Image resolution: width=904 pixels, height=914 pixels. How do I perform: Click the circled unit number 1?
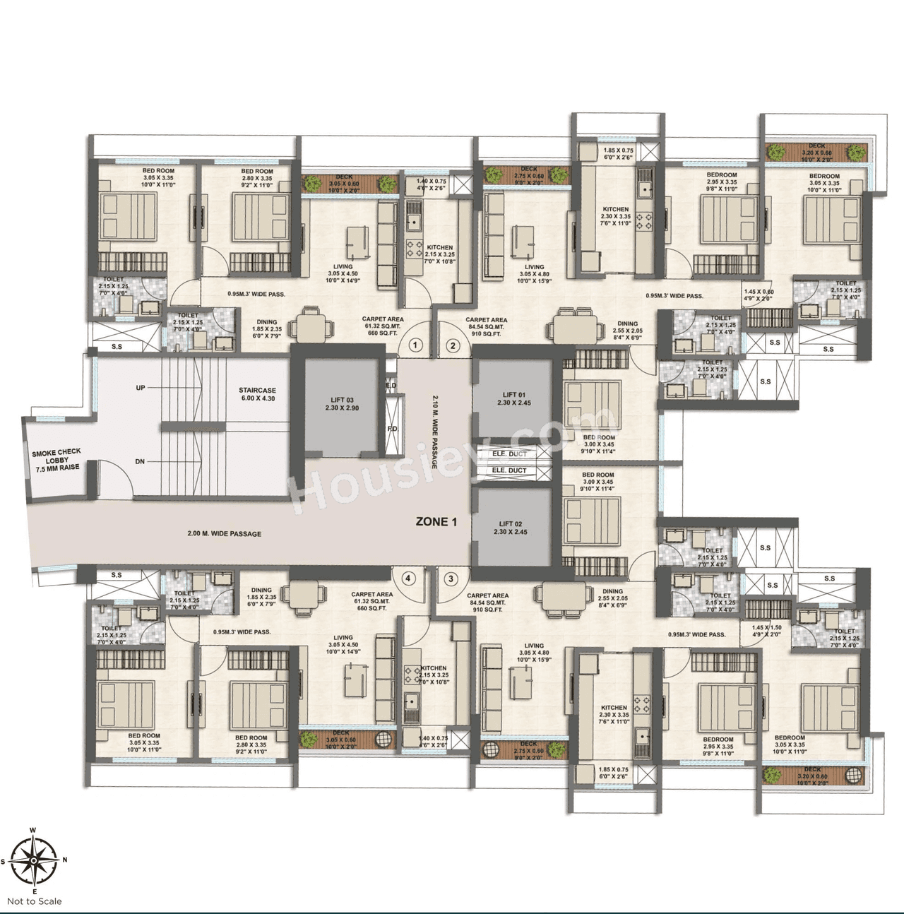416,345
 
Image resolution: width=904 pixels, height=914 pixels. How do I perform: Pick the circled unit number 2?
453,345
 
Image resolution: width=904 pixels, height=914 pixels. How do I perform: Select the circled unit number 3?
451,578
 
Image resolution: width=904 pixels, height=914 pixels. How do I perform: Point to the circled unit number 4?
408,578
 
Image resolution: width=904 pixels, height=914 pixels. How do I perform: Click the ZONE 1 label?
436,522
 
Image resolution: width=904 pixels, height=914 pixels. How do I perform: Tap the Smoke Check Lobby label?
56,459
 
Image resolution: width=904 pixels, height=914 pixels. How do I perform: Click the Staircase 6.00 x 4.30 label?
257,394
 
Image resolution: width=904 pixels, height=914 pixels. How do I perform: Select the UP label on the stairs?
141,388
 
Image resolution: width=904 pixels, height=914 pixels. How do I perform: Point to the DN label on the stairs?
141,462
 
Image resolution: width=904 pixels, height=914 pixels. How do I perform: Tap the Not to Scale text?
35,901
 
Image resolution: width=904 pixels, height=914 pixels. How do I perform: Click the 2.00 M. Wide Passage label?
224,534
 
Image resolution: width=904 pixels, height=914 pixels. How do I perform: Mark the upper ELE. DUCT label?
509,454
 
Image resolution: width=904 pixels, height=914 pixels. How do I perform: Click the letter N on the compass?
64,860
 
